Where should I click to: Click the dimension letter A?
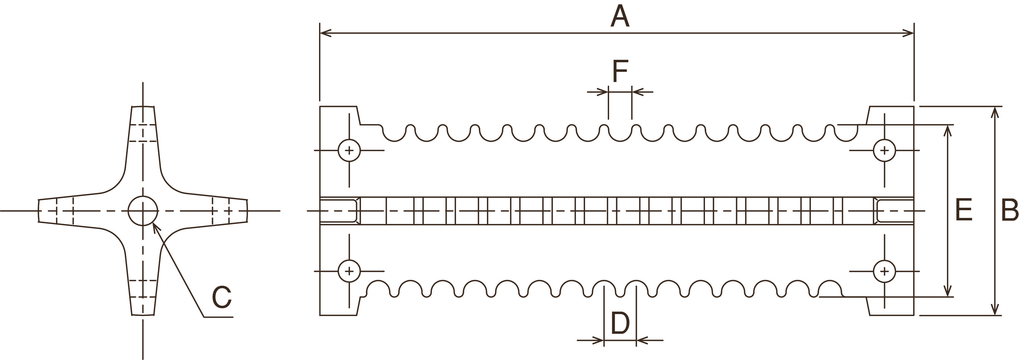(x=620, y=17)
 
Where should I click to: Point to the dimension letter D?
(x=620, y=323)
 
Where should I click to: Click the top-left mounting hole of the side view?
(x=349, y=150)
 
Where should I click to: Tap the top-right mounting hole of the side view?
(x=884, y=150)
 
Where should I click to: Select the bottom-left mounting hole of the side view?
(x=349, y=271)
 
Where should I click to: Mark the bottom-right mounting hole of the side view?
(x=884, y=271)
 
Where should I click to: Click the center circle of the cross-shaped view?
(x=143, y=211)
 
